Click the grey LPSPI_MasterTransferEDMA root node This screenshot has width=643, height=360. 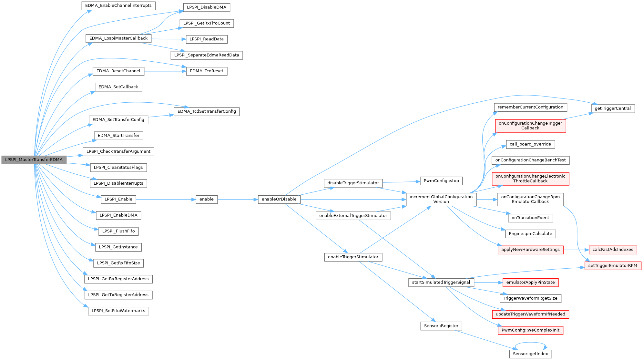34,160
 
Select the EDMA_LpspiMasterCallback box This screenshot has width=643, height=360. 118,38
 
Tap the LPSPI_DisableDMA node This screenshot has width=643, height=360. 207,7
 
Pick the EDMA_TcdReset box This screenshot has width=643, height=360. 207,71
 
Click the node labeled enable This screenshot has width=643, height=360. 207,199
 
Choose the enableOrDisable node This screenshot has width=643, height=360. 279,199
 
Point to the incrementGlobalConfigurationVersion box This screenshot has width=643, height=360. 441,199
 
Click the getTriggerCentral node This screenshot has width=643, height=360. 613,108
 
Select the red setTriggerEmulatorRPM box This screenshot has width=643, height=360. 613,266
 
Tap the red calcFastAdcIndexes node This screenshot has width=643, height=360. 613,250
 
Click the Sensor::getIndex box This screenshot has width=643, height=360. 530,354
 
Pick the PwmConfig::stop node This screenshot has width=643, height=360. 441,181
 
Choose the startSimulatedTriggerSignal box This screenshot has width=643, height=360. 441,283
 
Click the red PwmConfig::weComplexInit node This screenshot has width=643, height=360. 530,330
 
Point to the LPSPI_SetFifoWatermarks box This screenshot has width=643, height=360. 118,311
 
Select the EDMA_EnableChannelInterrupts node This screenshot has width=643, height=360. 118,5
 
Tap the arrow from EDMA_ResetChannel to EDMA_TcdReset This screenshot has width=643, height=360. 165,71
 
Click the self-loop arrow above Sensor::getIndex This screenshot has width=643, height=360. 530,344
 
